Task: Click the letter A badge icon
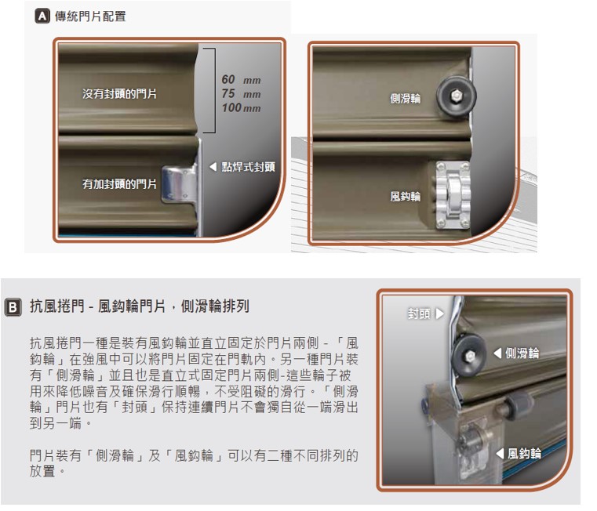(42, 16)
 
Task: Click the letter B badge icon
(13, 306)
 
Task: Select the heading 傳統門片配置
(90, 16)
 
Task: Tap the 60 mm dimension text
(241, 79)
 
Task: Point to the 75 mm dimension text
(241, 93)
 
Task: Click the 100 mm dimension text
(242, 107)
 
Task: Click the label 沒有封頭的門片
(119, 93)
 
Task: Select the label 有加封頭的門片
(119, 184)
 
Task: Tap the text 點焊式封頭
(248, 167)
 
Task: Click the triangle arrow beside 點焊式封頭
(213, 167)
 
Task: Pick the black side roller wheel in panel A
(456, 96)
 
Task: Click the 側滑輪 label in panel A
(405, 99)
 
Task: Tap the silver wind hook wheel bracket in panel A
(453, 195)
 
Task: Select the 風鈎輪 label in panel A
(405, 197)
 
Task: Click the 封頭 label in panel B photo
(419, 314)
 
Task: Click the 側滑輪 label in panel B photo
(522, 353)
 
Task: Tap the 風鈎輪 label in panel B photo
(524, 454)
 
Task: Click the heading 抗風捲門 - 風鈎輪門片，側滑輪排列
(140, 306)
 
